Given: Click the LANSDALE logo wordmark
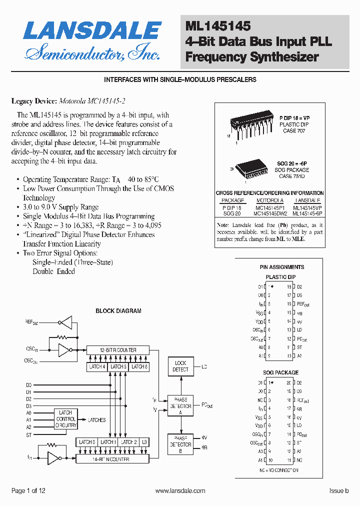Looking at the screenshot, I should [92, 31].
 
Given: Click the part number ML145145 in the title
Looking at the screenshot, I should [218, 26].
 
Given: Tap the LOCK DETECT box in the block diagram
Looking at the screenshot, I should [180, 366].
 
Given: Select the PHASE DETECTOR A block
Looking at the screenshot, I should [180, 406].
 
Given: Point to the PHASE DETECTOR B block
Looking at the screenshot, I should [180, 444].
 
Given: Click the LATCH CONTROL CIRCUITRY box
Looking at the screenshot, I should [65, 419].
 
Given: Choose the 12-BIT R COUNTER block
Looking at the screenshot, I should [118, 350].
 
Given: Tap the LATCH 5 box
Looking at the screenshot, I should [118, 367].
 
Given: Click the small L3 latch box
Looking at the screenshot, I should [144, 442].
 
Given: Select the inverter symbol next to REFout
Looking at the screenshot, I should [65, 322].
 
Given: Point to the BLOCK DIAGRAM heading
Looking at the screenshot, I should [118, 310].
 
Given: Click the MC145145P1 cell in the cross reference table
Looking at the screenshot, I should [270, 207].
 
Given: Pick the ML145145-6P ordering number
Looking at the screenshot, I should [307, 213].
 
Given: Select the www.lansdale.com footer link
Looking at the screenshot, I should [180, 491].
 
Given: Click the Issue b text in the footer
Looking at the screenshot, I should [338, 491].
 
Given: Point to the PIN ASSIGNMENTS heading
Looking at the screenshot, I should [281, 267].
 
